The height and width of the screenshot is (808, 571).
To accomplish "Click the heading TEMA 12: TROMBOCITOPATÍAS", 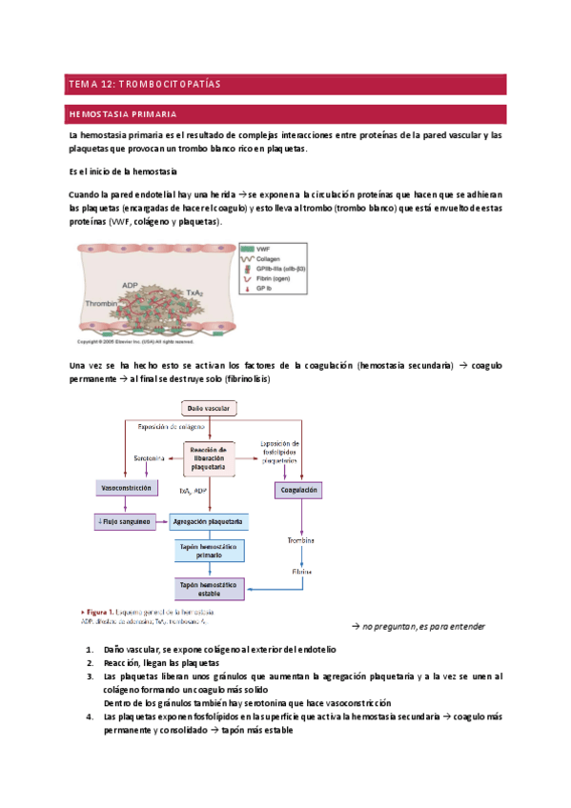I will pos(144,85).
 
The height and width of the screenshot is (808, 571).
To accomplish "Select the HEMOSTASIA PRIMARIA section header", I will pos(121,115).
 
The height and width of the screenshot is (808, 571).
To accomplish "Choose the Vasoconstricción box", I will pos(126,488).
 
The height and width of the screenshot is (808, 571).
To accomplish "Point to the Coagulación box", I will pos(299,490).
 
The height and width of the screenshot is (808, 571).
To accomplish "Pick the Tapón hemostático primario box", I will pos(207,551).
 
